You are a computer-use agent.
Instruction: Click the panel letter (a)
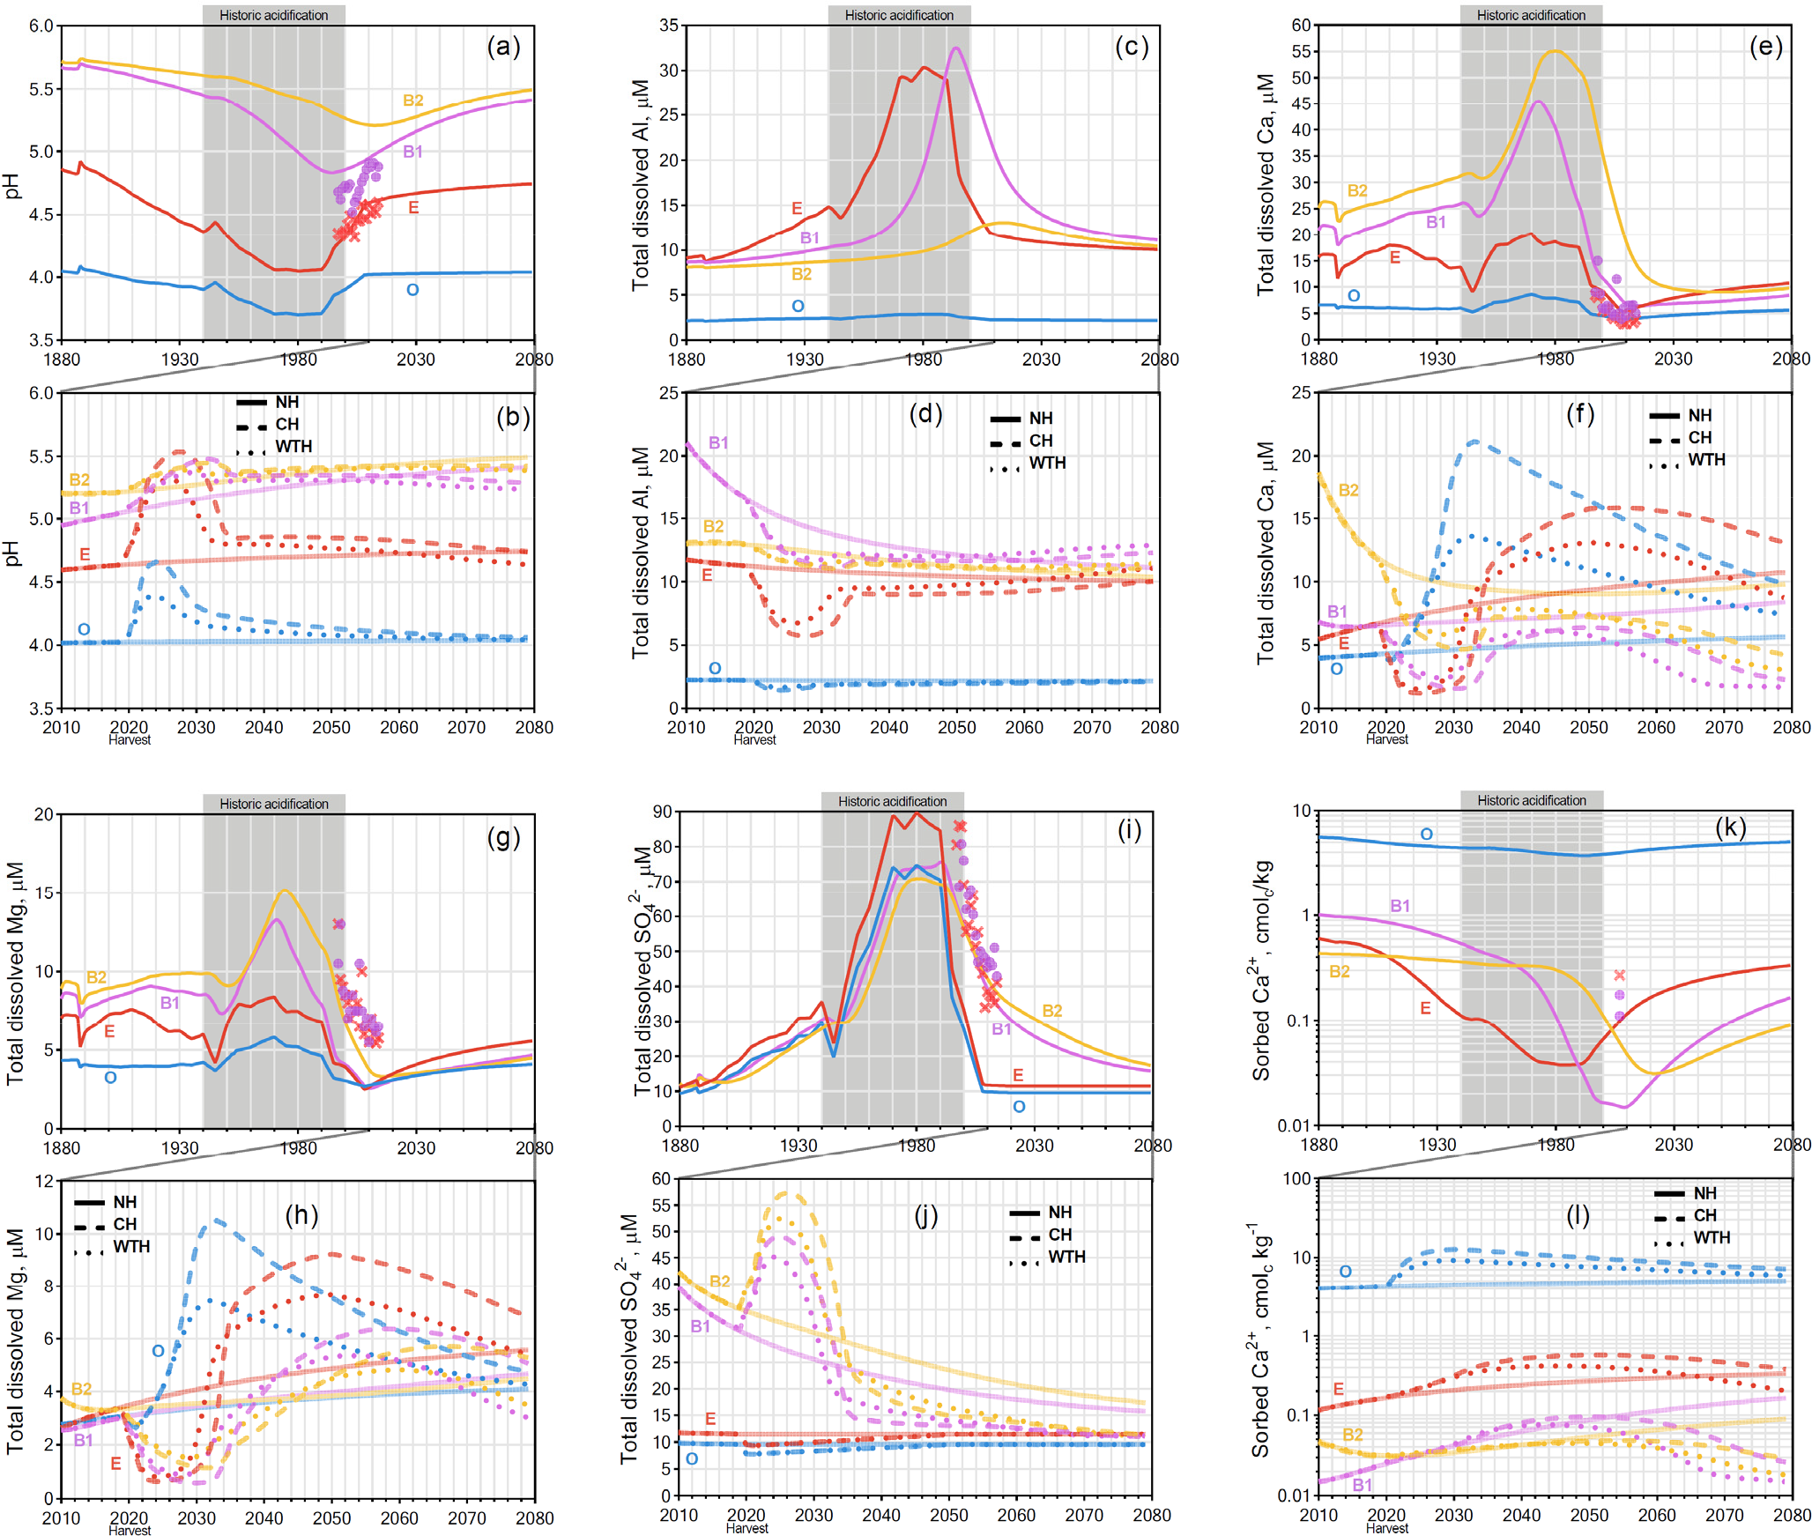pos(503,46)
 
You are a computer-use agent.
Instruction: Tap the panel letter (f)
pos(1579,413)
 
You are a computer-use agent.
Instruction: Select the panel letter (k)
pos(1730,827)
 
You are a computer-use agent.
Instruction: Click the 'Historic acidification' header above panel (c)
pos(898,15)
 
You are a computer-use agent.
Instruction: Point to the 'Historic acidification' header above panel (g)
pos(273,804)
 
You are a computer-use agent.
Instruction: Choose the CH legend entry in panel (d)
pos(1040,441)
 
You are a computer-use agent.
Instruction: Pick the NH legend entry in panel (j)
pos(1059,1213)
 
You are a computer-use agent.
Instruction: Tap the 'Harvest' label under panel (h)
pos(130,1531)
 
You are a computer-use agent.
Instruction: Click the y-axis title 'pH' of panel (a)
pos(11,186)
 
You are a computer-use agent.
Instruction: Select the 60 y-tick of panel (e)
pos(1302,26)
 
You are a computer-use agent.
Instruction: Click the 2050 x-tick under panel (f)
pos(1588,727)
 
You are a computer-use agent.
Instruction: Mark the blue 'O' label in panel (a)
pos(412,290)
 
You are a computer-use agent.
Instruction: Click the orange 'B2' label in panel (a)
pos(412,100)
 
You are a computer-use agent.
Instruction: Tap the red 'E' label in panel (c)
pos(797,209)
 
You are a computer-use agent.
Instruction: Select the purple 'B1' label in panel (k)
pos(1400,906)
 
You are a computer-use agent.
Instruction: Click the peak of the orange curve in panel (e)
pos(1555,51)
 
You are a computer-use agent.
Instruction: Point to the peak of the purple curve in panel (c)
pos(956,48)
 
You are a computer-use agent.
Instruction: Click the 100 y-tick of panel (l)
pos(1296,1179)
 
